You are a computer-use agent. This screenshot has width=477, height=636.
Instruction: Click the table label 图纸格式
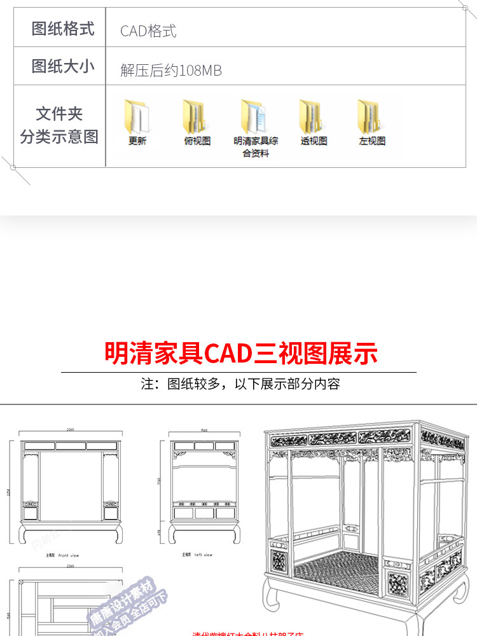(x=62, y=29)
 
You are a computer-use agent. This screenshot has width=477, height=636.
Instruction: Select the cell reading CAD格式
(x=148, y=31)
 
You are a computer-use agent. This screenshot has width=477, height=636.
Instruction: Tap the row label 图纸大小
(x=62, y=66)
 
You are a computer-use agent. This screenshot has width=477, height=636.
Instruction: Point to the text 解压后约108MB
(x=171, y=71)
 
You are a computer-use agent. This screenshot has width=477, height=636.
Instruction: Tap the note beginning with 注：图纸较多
(x=240, y=384)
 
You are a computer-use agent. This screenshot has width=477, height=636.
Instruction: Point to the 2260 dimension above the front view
(x=70, y=431)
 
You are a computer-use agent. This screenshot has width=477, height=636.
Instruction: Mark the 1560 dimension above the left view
(x=204, y=431)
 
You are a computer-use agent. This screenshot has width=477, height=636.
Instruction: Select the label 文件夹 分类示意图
(x=59, y=125)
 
